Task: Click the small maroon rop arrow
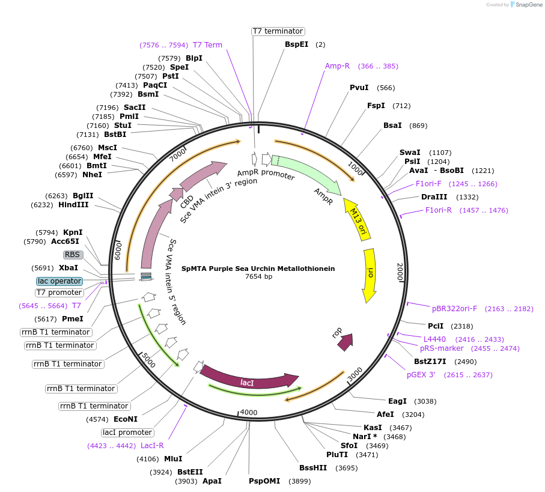pos(345,342)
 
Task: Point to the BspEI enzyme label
pos(296,44)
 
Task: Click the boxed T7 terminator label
pos(278,31)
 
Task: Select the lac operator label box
pos(59,281)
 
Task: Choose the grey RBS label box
pos(72,255)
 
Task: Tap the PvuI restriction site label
pos(359,88)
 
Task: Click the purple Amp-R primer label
pos(337,66)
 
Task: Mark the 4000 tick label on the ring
pos(248,413)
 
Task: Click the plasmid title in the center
pos(258,269)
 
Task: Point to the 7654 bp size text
pos(258,277)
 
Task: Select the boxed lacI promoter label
pos(127,433)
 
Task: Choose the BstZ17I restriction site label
pos(430,362)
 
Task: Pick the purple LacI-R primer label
pos(152,446)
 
